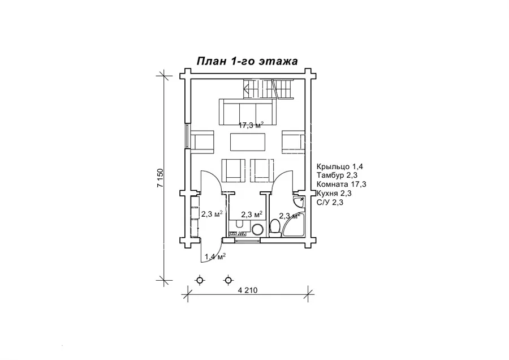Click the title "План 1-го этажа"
click(247, 61)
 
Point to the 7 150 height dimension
click(161, 178)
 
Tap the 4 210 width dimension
click(248, 290)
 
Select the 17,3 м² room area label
click(251, 126)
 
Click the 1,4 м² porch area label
click(215, 257)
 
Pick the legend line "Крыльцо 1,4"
click(339, 167)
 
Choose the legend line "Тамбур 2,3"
click(337, 176)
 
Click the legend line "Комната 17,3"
click(341, 185)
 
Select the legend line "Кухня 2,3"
click(334, 194)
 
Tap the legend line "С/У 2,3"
click(330, 202)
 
